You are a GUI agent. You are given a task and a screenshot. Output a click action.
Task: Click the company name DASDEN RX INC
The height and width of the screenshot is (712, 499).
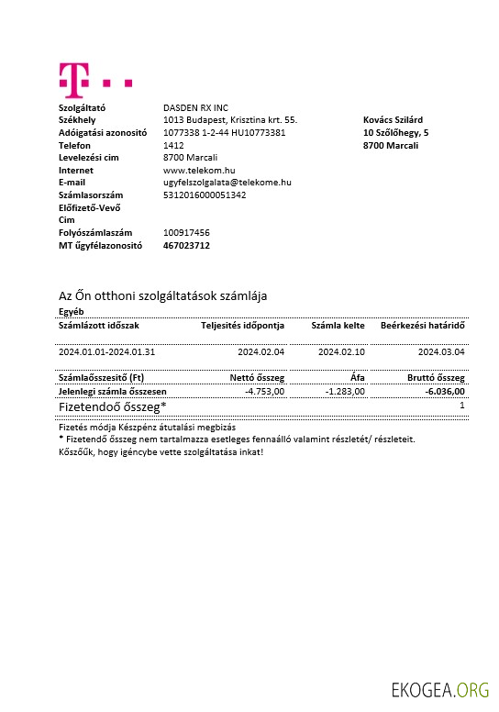point(195,107)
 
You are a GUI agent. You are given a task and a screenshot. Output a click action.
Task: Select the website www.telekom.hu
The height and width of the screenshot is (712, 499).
point(199,170)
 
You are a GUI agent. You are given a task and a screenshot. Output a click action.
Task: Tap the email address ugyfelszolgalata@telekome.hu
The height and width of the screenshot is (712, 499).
point(227,183)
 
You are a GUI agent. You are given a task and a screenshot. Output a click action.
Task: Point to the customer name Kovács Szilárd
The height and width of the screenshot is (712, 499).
point(393,120)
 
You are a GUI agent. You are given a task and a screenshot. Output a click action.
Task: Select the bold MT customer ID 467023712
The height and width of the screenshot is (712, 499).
point(186,245)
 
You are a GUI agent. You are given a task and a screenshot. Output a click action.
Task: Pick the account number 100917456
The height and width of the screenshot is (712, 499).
point(186,233)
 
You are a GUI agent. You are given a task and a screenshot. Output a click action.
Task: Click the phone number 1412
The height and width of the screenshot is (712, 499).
point(173,145)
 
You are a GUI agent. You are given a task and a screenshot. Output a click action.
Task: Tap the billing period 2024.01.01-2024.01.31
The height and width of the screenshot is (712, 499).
point(107,351)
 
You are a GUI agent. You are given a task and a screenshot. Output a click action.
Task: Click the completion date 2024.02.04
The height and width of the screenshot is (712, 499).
point(261,351)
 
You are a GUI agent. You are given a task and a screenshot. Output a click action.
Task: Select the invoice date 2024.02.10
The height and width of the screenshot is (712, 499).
point(341,351)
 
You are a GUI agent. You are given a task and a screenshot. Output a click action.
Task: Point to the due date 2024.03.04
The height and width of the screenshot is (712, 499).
point(441,351)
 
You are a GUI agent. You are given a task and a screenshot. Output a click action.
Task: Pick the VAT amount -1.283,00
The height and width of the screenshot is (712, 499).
point(346,391)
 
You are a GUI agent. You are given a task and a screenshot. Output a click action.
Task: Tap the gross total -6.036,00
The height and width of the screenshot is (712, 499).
point(445,391)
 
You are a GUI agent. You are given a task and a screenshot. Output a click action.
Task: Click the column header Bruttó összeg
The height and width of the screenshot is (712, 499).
point(436,377)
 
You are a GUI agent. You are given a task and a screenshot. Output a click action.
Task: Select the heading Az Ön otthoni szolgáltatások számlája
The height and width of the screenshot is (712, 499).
point(162,295)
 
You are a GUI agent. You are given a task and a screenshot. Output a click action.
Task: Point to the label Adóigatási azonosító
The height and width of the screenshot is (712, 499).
point(103,132)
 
